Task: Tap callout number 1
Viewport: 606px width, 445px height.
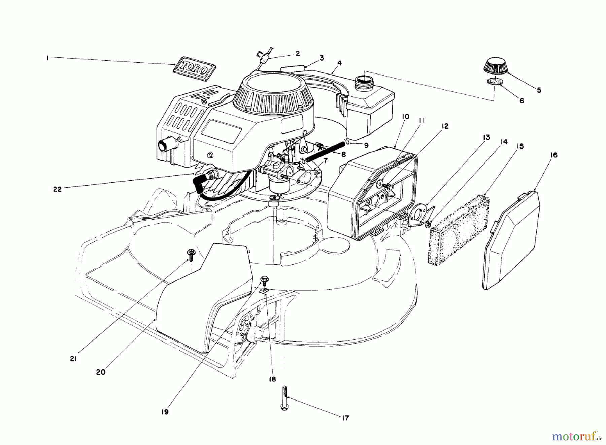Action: [x=48, y=58]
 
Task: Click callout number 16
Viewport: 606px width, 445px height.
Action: [x=554, y=155]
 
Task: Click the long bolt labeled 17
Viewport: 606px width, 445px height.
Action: [x=283, y=398]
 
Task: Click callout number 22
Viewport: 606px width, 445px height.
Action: [x=58, y=189]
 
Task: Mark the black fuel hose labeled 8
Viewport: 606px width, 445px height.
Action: [x=326, y=150]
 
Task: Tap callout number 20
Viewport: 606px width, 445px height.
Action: [x=101, y=372]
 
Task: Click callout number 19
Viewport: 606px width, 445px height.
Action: [x=165, y=412]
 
